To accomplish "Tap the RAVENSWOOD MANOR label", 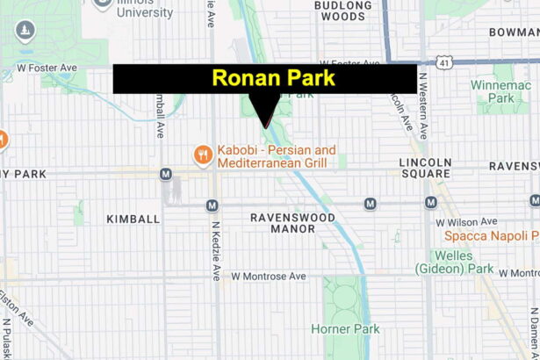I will pos(281,222).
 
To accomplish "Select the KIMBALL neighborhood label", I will pos(133,218).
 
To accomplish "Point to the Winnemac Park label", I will pos(515,92).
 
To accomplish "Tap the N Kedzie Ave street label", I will pos(215,249).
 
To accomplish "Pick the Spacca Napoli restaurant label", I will pos(490,235).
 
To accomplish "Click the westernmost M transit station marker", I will pos(165,174).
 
